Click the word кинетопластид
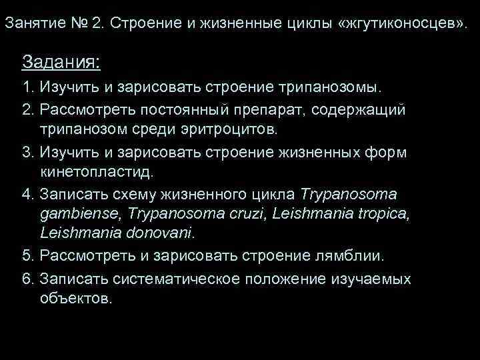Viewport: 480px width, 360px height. [x=96, y=171]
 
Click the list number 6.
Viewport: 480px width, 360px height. [x=26, y=277]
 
